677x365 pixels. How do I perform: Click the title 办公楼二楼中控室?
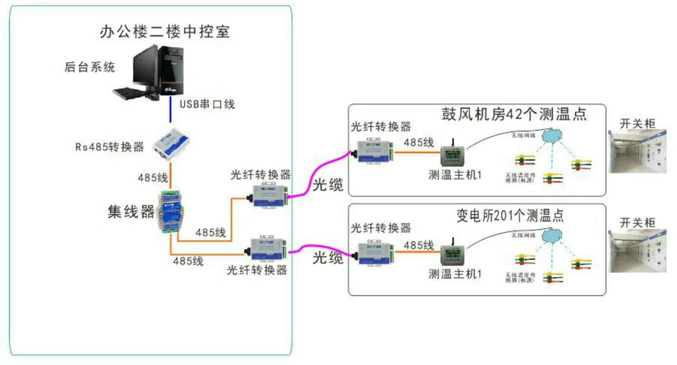tap(165, 32)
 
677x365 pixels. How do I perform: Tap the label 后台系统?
tap(90, 67)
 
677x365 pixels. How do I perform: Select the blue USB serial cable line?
tap(170, 110)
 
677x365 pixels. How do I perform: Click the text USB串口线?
tap(207, 104)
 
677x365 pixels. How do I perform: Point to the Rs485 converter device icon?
tap(171, 144)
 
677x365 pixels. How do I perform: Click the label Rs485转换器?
tap(110, 147)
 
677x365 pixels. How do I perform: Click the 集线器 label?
tap(131, 212)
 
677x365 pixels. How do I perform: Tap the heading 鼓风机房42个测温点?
tap(514, 114)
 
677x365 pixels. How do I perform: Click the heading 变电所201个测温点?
tap(510, 215)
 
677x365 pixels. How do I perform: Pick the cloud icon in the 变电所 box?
tap(552, 236)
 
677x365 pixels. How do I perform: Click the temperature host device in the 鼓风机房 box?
tap(452, 155)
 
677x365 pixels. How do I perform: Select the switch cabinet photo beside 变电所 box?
tap(637, 251)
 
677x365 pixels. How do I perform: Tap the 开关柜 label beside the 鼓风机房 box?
tap(637, 124)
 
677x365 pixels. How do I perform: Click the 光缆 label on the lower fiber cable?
tap(327, 258)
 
